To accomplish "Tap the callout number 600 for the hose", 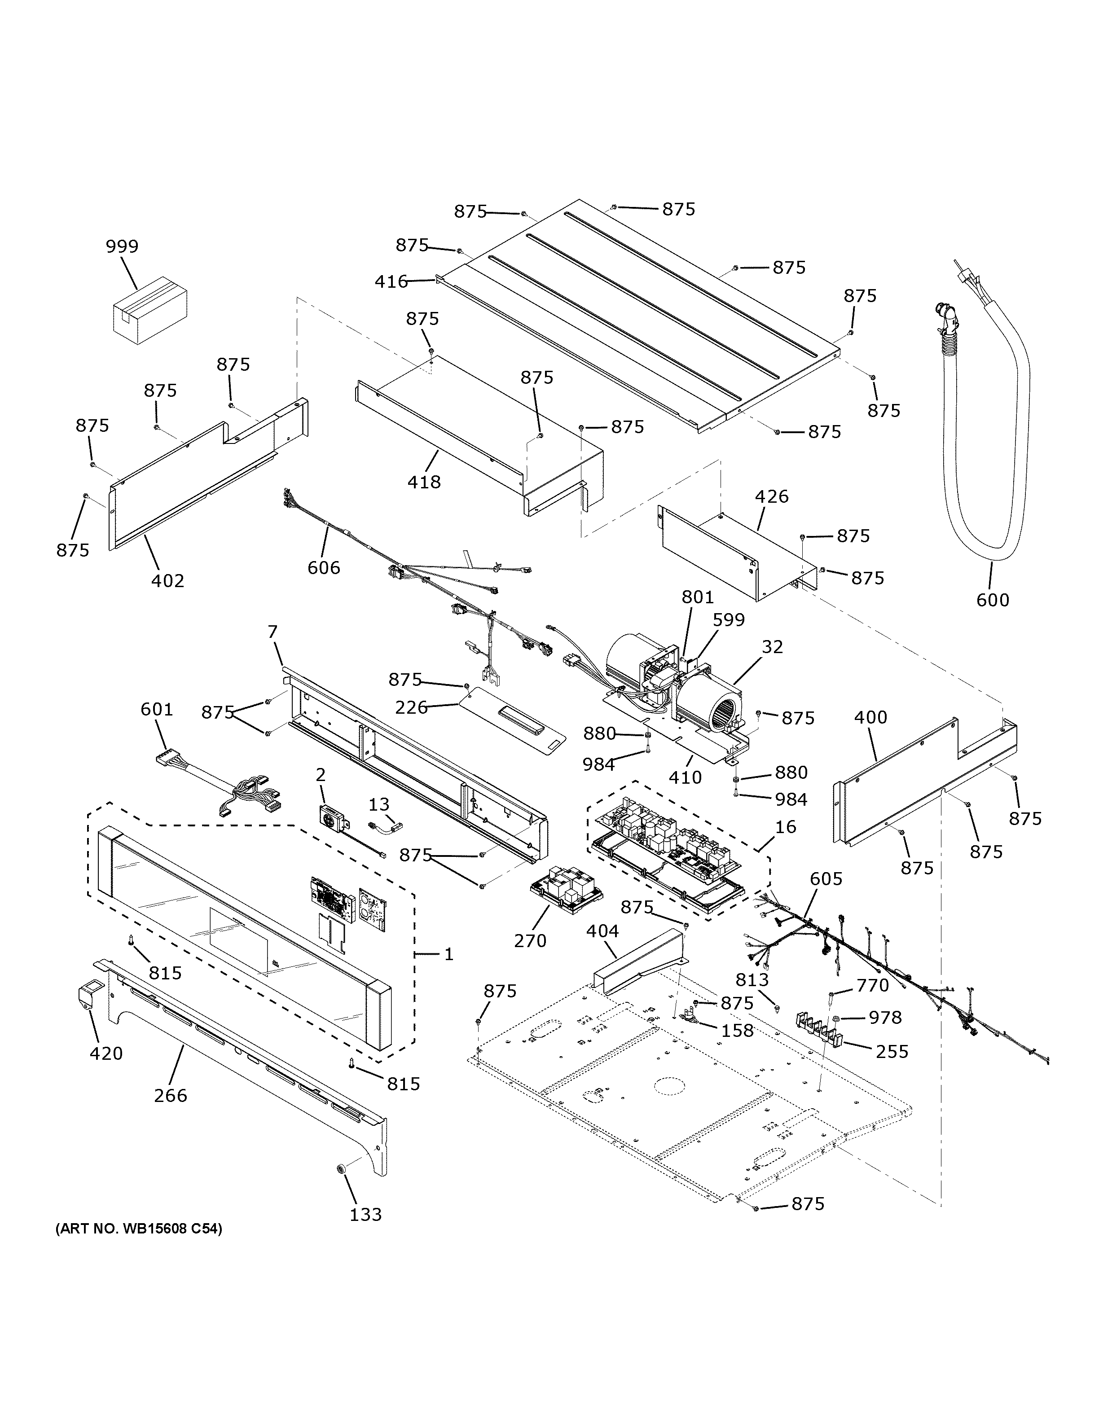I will click(992, 599).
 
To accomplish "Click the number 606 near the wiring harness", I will click(324, 568).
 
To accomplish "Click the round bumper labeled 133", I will click(341, 1171).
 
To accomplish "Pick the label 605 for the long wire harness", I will click(826, 878).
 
